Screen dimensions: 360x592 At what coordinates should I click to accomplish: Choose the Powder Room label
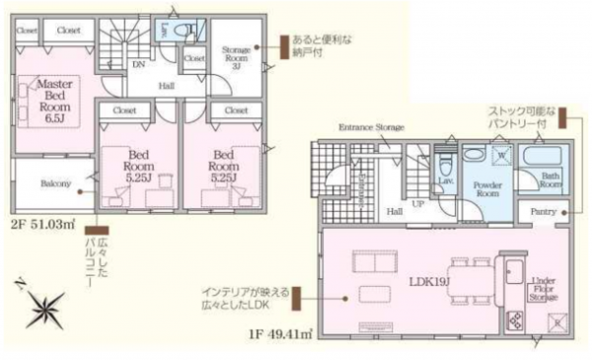pos(487,186)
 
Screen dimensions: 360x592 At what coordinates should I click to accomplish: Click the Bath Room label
pos(549,181)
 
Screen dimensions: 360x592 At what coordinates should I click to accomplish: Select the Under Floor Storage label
pos(544,287)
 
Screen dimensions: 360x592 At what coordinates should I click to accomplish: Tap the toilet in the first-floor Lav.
pos(445,163)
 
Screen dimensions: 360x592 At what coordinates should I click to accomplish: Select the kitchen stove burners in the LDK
pos(516,320)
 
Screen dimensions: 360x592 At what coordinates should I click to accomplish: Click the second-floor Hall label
pos(168,85)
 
